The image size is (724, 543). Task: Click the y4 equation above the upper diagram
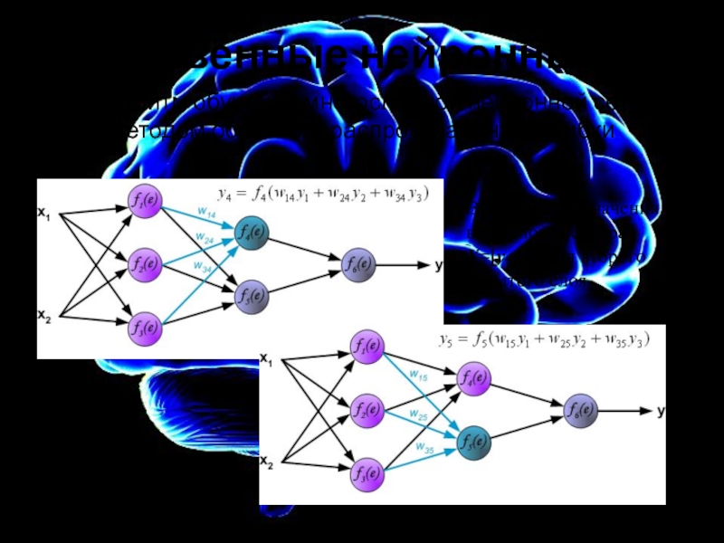(324, 193)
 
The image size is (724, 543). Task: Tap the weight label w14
(206, 214)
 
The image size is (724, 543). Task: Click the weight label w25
(417, 415)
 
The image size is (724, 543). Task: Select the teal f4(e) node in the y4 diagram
(251, 233)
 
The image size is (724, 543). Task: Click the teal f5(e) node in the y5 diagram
(472, 443)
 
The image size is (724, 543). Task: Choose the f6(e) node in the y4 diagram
(357, 265)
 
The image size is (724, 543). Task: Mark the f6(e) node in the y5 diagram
(580, 411)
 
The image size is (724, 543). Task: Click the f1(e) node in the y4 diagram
(143, 205)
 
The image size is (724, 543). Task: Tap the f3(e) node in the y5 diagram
(367, 472)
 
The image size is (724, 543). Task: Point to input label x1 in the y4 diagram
(43, 214)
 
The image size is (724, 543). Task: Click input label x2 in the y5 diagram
(266, 462)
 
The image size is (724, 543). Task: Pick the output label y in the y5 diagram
(662, 411)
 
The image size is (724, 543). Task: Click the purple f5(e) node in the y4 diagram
(251, 295)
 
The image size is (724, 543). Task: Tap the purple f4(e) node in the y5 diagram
(472, 376)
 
